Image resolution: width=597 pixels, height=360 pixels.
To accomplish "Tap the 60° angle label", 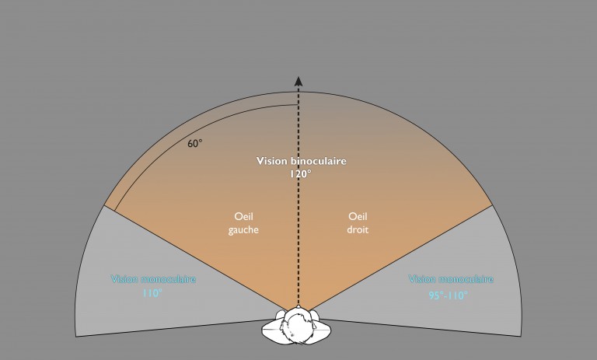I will click(x=195, y=143).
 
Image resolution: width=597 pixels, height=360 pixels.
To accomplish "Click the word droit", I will click(x=358, y=230).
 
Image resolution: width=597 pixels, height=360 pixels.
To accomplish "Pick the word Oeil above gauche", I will click(x=245, y=218).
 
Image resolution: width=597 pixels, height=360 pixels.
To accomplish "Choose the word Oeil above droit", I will click(x=358, y=218).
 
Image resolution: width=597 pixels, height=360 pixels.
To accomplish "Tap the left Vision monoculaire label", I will click(x=154, y=279).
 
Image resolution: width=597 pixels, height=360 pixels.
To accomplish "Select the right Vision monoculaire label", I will click(x=452, y=279).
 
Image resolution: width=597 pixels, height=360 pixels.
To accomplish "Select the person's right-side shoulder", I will click(x=327, y=329).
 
